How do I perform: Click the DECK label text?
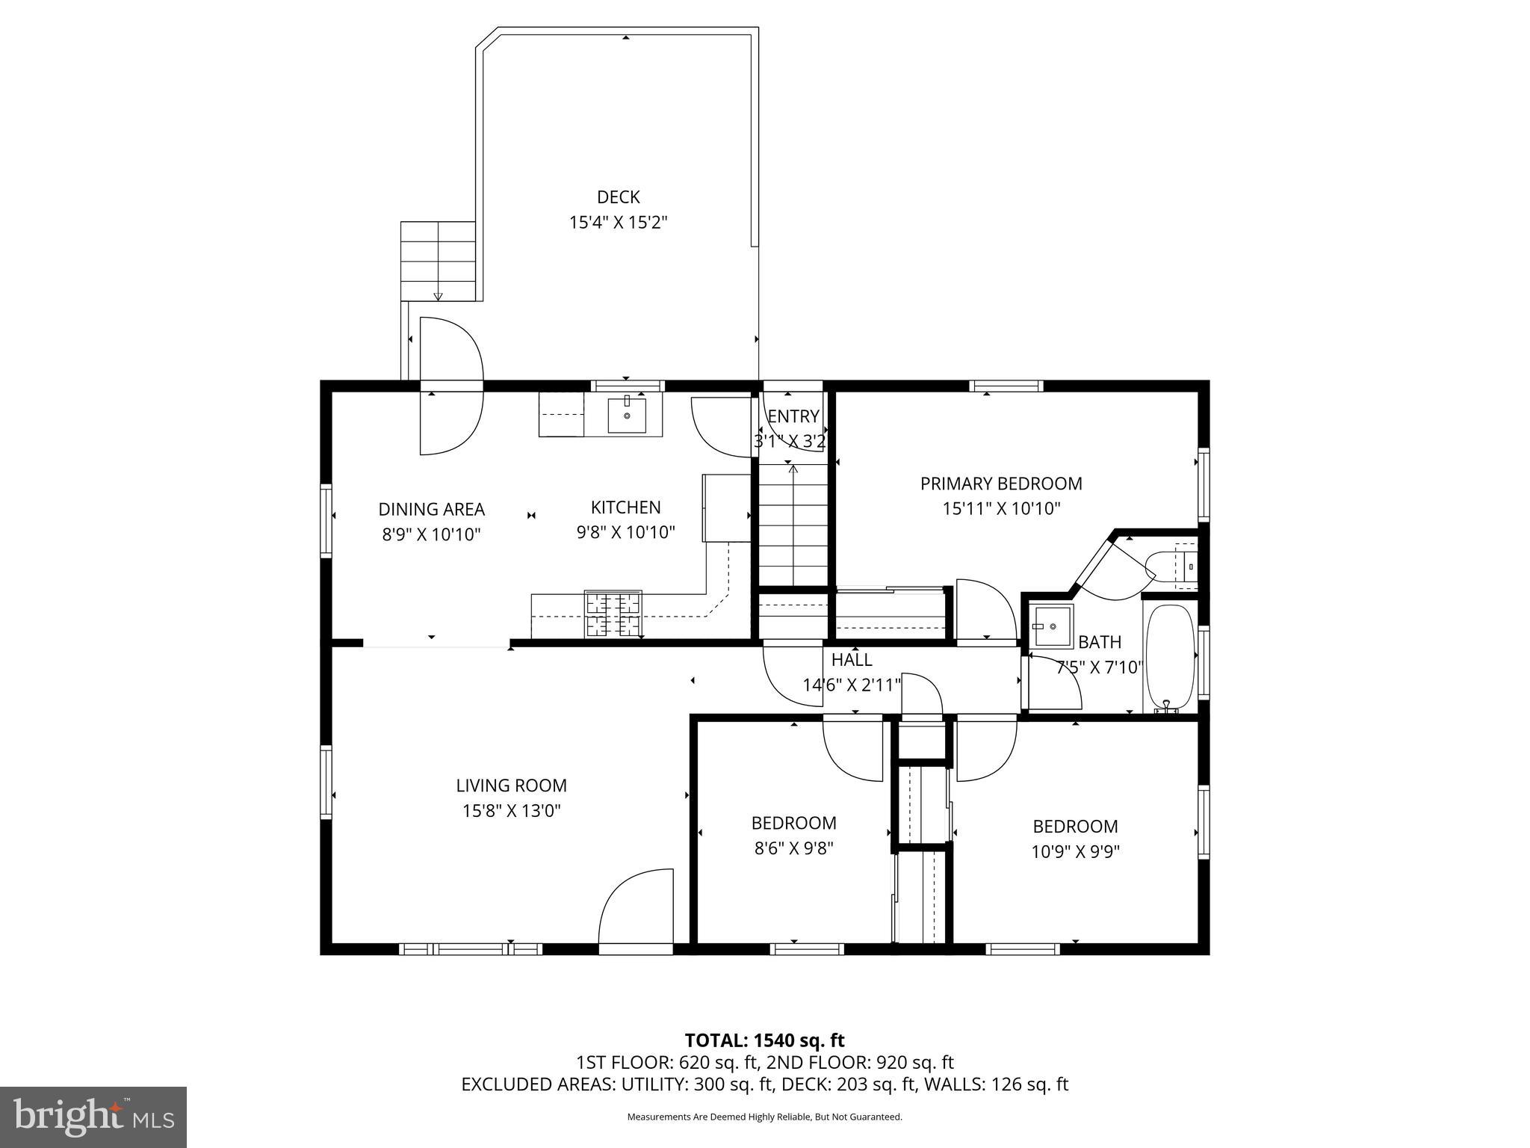618,197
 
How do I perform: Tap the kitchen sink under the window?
626,416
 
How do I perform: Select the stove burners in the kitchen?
613,614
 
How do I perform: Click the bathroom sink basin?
1053,626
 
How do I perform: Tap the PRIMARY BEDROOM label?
1001,484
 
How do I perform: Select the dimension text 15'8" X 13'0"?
511,811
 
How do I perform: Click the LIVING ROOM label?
511,786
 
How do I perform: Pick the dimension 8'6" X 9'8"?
793,848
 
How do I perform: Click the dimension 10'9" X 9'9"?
1075,851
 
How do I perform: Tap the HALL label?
852,660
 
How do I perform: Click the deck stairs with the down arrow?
438,262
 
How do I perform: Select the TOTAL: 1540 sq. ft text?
764,1040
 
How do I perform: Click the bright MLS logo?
93,1117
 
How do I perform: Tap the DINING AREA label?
431,510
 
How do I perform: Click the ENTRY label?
793,416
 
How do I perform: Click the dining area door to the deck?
450,386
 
